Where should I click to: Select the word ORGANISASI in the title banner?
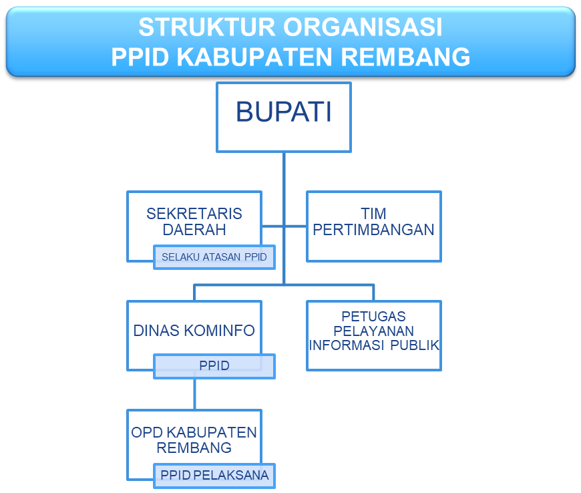[363, 27]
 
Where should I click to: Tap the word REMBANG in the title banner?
[405, 57]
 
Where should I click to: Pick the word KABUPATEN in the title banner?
[254, 57]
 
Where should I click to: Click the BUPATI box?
[284, 117]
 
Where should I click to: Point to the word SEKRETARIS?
[194, 214]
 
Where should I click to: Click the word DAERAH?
[194, 230]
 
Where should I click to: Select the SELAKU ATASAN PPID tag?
[214, 257]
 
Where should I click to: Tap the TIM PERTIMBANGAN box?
[374, 226]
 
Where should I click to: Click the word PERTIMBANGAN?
[373, 230]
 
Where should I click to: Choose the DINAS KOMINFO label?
[194, 331]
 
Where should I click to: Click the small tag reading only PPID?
[214, 366]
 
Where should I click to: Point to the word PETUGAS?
[373, 317]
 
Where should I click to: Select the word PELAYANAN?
[373, 331]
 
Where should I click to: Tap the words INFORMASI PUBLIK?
[374, 345]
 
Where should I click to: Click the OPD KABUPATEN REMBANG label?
[194, 440]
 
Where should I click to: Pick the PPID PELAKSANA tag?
[214, 476]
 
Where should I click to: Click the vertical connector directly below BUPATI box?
[284, 218]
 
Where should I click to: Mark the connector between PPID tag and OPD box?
[194, 394]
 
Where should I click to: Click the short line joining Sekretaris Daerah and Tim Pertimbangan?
[284, 226]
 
